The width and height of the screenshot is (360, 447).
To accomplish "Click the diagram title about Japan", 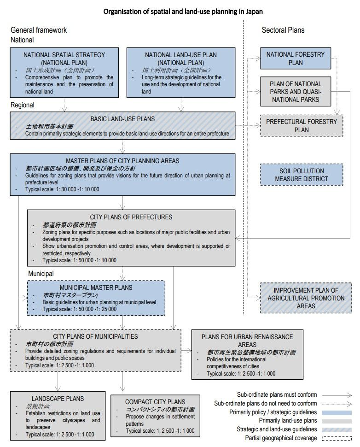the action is coord(183,12).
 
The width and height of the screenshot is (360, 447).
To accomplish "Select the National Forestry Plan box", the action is coord(296,59).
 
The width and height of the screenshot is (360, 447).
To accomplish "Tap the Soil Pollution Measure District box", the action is coord(302,175).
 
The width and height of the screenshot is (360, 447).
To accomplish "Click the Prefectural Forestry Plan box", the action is coord(302,126).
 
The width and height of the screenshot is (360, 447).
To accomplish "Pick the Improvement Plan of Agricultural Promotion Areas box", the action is coord(306,298).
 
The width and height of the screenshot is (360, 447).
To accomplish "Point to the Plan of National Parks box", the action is coord(296,92).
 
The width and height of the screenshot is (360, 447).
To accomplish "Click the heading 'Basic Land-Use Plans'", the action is coord(122,119).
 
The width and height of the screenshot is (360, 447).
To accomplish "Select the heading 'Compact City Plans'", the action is coord(155,402).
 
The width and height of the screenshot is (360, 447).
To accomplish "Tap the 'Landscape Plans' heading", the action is coord(58,399).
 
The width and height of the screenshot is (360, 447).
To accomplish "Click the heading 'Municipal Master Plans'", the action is coord(96,288).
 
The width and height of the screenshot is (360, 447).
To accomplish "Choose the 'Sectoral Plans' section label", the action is coord(283,30).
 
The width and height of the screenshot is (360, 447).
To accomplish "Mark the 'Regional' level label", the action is coord(23,105).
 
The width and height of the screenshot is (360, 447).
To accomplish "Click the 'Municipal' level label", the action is coord(41,274).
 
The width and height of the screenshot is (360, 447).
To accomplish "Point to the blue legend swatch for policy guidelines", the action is coord(337,412).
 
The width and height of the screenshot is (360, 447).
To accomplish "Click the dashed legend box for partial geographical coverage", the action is coord(337,438).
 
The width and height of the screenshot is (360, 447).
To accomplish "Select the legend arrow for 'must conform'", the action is coord(337,395).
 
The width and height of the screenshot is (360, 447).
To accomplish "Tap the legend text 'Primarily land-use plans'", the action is coord(288,420).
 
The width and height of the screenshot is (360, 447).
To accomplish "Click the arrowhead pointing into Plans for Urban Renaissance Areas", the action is coord(189,350).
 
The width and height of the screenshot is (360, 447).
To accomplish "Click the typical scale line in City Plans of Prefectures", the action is coord(79,260).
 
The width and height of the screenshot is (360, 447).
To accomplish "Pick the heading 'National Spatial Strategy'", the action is coord(64,55).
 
